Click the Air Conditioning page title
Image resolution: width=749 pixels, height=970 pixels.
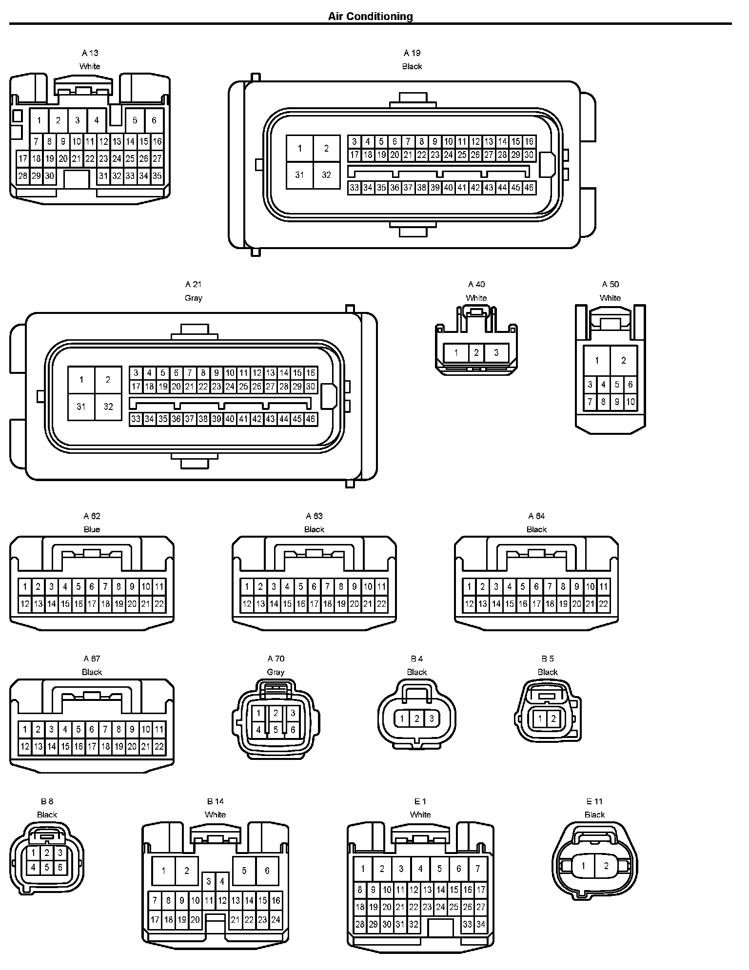370,17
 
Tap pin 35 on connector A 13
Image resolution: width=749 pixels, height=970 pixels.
157,176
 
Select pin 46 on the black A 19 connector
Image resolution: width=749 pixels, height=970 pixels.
529,188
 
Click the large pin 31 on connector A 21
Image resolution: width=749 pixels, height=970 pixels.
81,407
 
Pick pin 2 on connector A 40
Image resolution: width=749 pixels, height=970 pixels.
476,352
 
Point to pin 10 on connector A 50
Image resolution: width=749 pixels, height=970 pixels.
631,402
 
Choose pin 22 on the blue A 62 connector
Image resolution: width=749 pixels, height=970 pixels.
159,604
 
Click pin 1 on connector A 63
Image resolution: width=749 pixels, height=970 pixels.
247,586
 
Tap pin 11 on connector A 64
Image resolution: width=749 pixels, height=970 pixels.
604,586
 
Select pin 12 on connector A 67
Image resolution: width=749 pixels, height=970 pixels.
25,746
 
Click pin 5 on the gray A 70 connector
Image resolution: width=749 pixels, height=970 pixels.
276,730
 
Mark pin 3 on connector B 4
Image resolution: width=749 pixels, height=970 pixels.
432,718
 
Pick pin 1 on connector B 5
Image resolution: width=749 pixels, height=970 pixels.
540,718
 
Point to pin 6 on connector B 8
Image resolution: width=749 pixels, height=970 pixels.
60,867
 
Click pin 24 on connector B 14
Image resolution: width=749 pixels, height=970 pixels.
276,920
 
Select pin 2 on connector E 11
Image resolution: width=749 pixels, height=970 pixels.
606,866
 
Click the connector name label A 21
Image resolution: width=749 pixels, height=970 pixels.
194,284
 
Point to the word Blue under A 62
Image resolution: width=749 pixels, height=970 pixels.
92,529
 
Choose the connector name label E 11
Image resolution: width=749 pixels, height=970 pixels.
594,801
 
